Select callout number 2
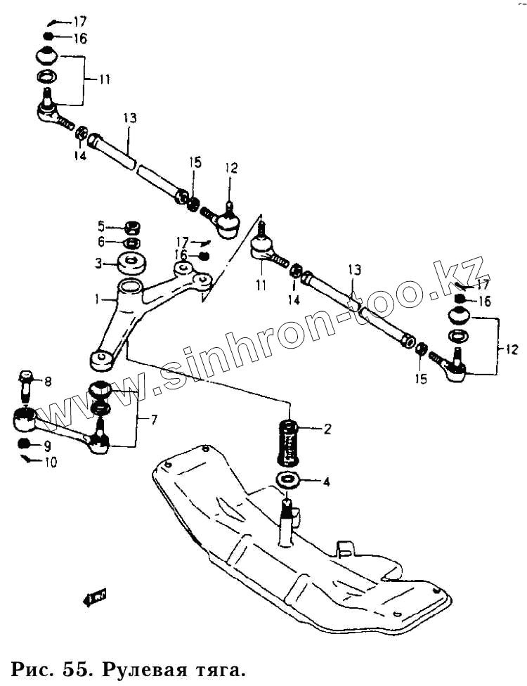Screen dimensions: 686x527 tap(326, 429)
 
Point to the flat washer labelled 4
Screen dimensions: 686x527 tap(287, 481)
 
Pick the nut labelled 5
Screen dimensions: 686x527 tap(130, 228)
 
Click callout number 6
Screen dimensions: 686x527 tap(102, 242)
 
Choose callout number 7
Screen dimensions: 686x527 tap(153, 420)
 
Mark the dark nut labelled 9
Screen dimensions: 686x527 tap(23, 444)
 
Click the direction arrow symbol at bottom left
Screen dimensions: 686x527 tap(93, 597)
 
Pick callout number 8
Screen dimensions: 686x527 tap(48, 382)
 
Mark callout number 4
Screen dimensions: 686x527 tap(325, 482)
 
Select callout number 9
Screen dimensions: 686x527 tap(48, 445)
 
